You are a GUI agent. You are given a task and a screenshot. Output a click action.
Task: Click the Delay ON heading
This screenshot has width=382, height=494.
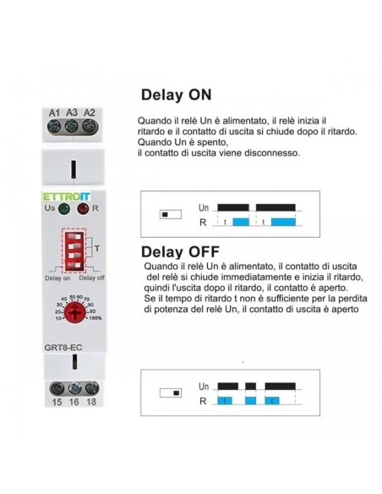pyautogui.click(x=177, y=95)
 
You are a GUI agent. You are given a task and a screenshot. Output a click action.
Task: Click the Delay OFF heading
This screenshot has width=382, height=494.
pyautogui.click(x=180, y=252)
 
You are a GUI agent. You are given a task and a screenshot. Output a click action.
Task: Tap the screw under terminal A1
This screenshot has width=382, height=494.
pyautogui.click(x=54, y=126)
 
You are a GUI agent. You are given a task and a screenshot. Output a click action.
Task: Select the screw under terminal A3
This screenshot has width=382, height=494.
pyautogui.click(x=72, y=126)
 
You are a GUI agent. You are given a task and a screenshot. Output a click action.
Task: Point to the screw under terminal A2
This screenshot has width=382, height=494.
pyautogui.click(x=90, y=126)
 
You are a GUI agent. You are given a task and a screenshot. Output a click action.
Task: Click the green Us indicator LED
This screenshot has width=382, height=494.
pyautogui.click(x=64, y=209)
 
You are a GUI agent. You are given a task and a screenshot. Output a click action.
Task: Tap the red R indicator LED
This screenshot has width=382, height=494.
pyautogui.click(x=84, y=209)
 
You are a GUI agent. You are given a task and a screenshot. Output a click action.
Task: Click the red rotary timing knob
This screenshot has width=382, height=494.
pyautogui.click(x=74, y=312)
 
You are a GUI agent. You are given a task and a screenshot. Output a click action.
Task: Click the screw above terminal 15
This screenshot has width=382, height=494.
pyautogui.click(x=57, y=388)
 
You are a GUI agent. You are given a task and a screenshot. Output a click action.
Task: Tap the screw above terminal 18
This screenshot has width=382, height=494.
pyautogui.click(x=92, y=388)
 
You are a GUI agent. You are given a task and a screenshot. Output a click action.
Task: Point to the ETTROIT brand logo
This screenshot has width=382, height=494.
pyautogui.click(x=67, y=197)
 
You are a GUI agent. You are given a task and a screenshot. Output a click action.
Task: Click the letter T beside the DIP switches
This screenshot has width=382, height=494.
pyautogui.click(x=97, y=249)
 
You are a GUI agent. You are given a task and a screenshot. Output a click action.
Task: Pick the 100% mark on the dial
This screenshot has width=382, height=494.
pyautogui.click(x=95, y=318)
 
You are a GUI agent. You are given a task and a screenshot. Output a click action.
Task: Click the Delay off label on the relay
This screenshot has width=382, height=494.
pyautogui.click(x=91, y=277)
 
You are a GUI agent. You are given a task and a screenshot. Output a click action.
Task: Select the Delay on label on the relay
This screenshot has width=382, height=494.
pyautogui.click(x=57, y=278)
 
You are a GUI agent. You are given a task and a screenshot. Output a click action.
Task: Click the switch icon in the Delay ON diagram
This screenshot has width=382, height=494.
pyautogui.click(x=171, y=215)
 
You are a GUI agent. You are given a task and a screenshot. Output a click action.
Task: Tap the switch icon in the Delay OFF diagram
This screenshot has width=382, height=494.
pyautogui.click(x=171, y=393)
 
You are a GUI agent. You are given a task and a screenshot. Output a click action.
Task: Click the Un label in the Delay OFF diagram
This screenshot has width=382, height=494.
pyautogui.click(x=204, y=387)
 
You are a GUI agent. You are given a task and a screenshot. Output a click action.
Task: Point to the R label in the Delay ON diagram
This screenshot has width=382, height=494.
pyautogui.click(x=203, y=222)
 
